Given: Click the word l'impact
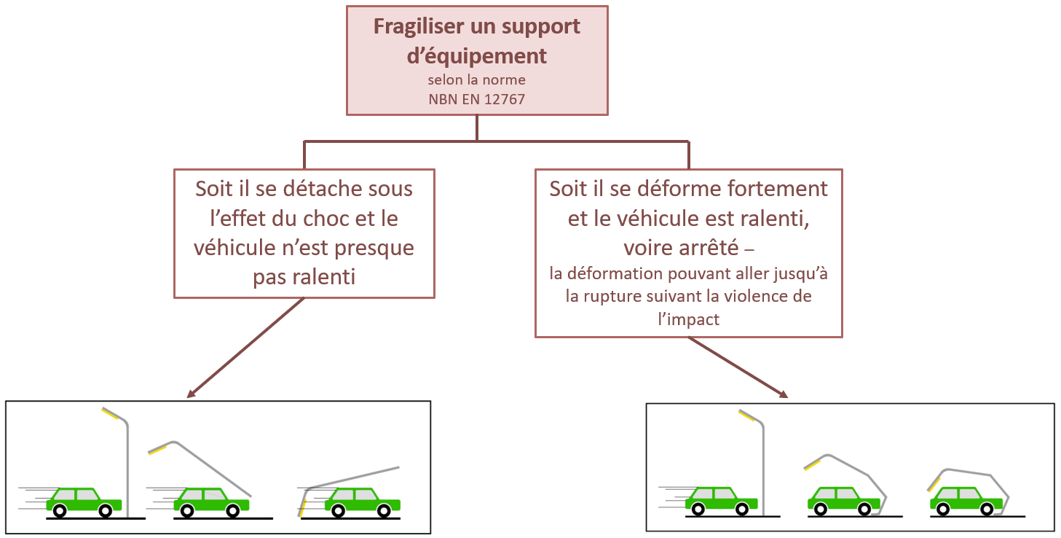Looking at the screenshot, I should [688, 319].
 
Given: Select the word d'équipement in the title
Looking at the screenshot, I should [477, 55].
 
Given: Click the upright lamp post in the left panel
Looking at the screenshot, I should [128, 467].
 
